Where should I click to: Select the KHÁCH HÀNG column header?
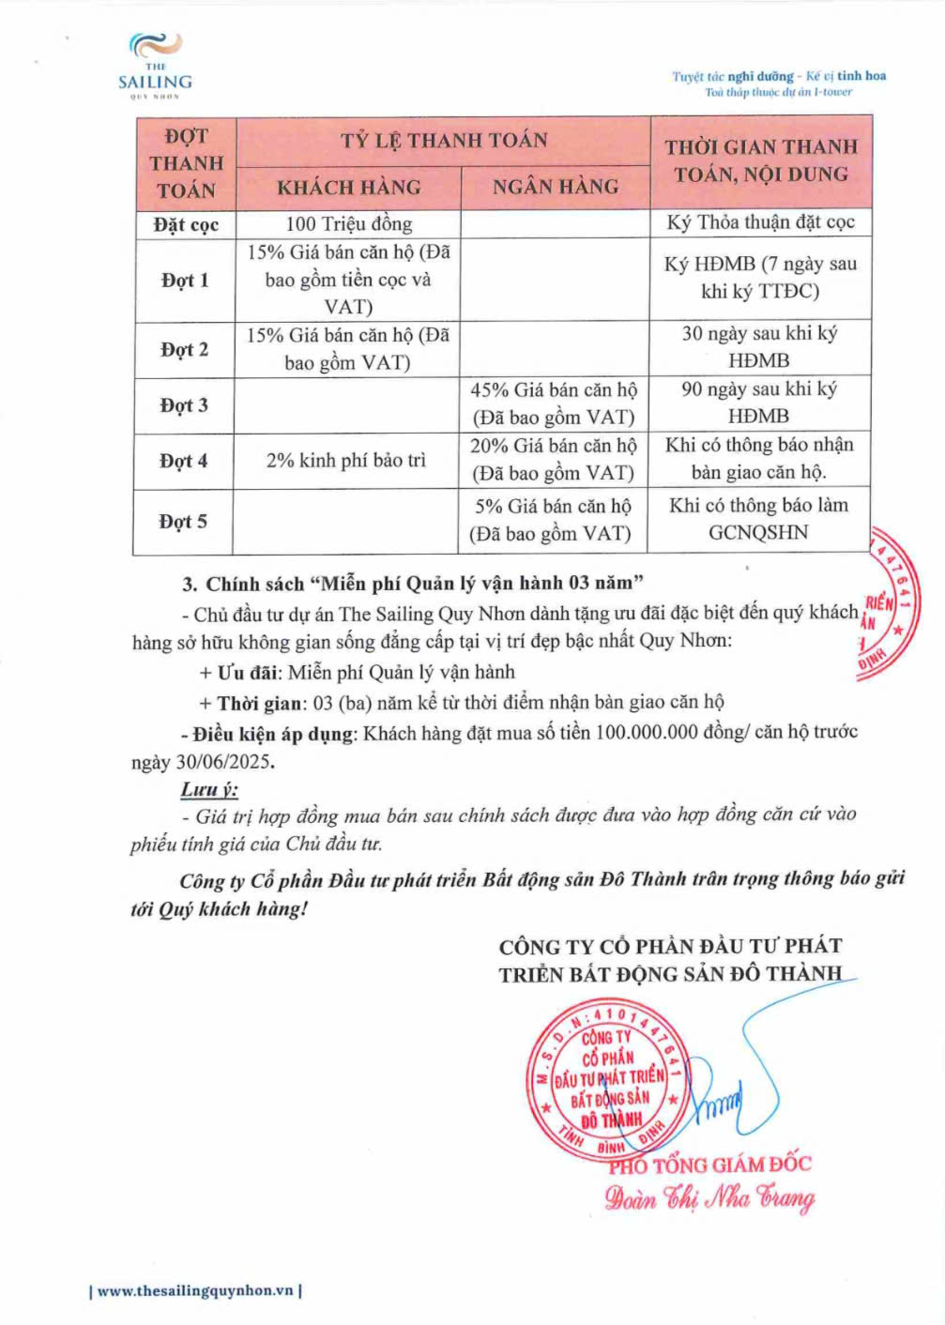(x=348, y=188)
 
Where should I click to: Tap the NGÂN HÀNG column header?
(x=556, y=187)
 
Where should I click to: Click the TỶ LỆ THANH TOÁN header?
(x=444, y=141)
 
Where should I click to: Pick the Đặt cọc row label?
(x=186, y=224)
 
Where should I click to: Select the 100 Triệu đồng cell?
(x=348, y=223)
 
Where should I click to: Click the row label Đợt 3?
(x=184, y=405)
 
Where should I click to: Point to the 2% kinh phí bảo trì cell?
(x=345, y=460)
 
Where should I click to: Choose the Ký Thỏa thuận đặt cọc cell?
(x=760, y=222)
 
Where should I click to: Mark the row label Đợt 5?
(x=183, y=521)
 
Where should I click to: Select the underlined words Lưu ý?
(x=208, y=789)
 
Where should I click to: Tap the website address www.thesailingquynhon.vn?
(x=195, y=1290)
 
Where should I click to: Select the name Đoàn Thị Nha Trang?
(x=709, y=1197)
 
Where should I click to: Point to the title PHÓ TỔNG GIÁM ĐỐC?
(x=709, y=1165)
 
